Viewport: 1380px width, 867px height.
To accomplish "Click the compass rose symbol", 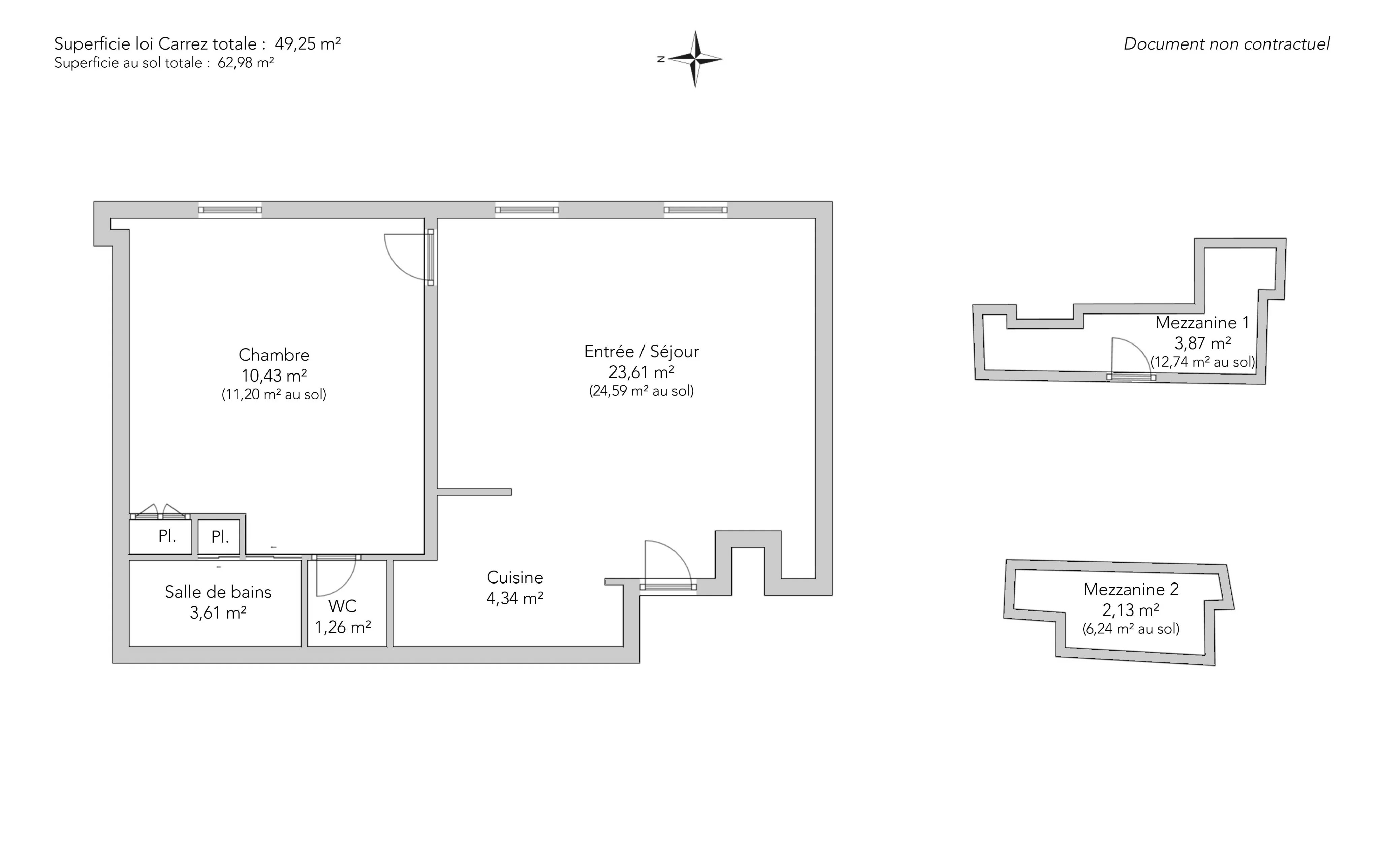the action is tap(695, 59).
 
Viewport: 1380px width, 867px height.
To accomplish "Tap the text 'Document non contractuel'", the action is tap(1226, 44).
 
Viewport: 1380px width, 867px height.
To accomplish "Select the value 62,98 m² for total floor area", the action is tap(245, 63).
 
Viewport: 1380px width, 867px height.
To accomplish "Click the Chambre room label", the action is tap(274, 355).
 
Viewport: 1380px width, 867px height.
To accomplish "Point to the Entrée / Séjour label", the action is tap(641, 352).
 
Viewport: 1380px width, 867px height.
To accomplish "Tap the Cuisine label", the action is tap(514, 577).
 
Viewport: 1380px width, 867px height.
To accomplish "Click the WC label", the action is tap(343, 606).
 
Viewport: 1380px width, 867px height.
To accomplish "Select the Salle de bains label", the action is tap(218, 592).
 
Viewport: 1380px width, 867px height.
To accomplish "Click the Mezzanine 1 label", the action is tap(1202, 322).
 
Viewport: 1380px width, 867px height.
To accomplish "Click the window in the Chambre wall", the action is tap(230, 210).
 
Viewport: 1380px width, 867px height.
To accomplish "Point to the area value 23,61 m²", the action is tap(641, 372).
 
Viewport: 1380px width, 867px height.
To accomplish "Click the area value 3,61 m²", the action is tap(218, 613).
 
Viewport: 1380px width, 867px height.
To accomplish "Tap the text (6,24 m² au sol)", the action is tap(1131, 629).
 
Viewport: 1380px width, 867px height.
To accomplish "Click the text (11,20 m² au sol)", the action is tap(274, 394).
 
